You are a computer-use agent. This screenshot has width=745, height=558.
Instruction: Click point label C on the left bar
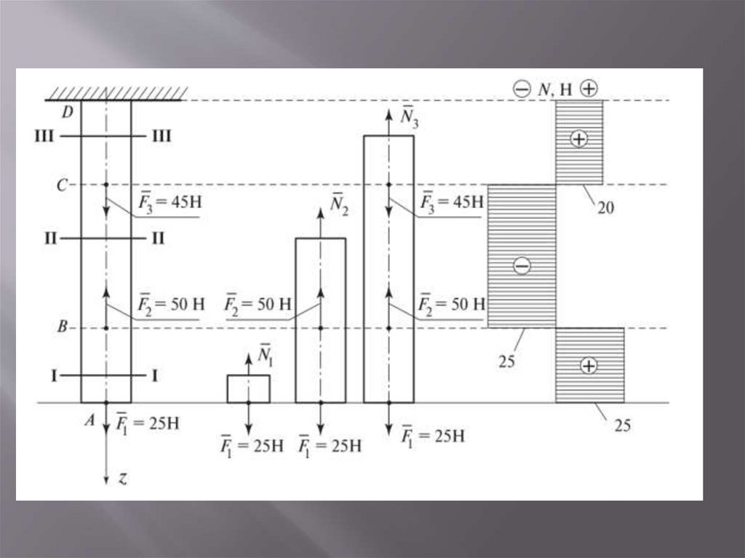coord(63,185)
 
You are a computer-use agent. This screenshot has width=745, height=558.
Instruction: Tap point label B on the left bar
coord(63,328)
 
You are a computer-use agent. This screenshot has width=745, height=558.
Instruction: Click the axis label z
coord(123,478)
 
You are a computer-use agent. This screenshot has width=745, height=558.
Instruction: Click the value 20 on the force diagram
coord(606,208)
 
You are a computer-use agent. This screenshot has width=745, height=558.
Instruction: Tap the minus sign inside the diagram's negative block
coord(521,266)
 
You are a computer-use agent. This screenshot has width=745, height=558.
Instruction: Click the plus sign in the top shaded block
coord(579,138)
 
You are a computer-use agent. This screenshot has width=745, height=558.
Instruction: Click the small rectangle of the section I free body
coord(248,388)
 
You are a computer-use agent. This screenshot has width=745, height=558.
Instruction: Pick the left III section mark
coord(44,136)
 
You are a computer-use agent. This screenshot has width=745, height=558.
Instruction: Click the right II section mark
coord(158,238)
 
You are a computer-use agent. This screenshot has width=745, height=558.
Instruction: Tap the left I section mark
coord(55,375)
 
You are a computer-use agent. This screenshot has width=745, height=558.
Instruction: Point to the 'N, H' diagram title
coord(555,88)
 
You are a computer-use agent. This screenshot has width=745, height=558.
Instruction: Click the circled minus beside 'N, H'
coord(522,89)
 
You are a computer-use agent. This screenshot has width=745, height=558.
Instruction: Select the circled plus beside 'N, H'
coord(589,88)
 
